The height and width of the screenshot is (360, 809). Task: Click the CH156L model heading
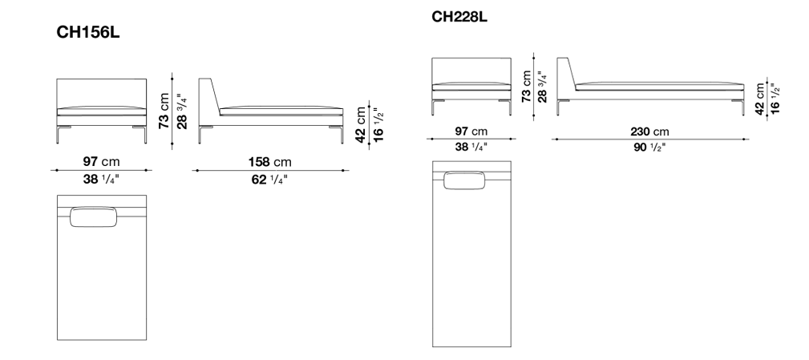(87, 33)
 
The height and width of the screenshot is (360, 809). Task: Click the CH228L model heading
(459, 17)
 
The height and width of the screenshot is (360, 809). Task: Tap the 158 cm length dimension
(270, 162)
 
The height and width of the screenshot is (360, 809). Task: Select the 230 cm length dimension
(649, 131)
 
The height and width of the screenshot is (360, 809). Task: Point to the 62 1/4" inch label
(270, 180)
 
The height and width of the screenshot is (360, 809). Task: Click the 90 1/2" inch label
(649, 147)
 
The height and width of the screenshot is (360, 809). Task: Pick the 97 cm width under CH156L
(101, 162)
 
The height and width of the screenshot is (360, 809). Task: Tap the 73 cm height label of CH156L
(164, 111)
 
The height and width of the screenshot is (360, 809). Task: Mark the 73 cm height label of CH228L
(526, 86)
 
